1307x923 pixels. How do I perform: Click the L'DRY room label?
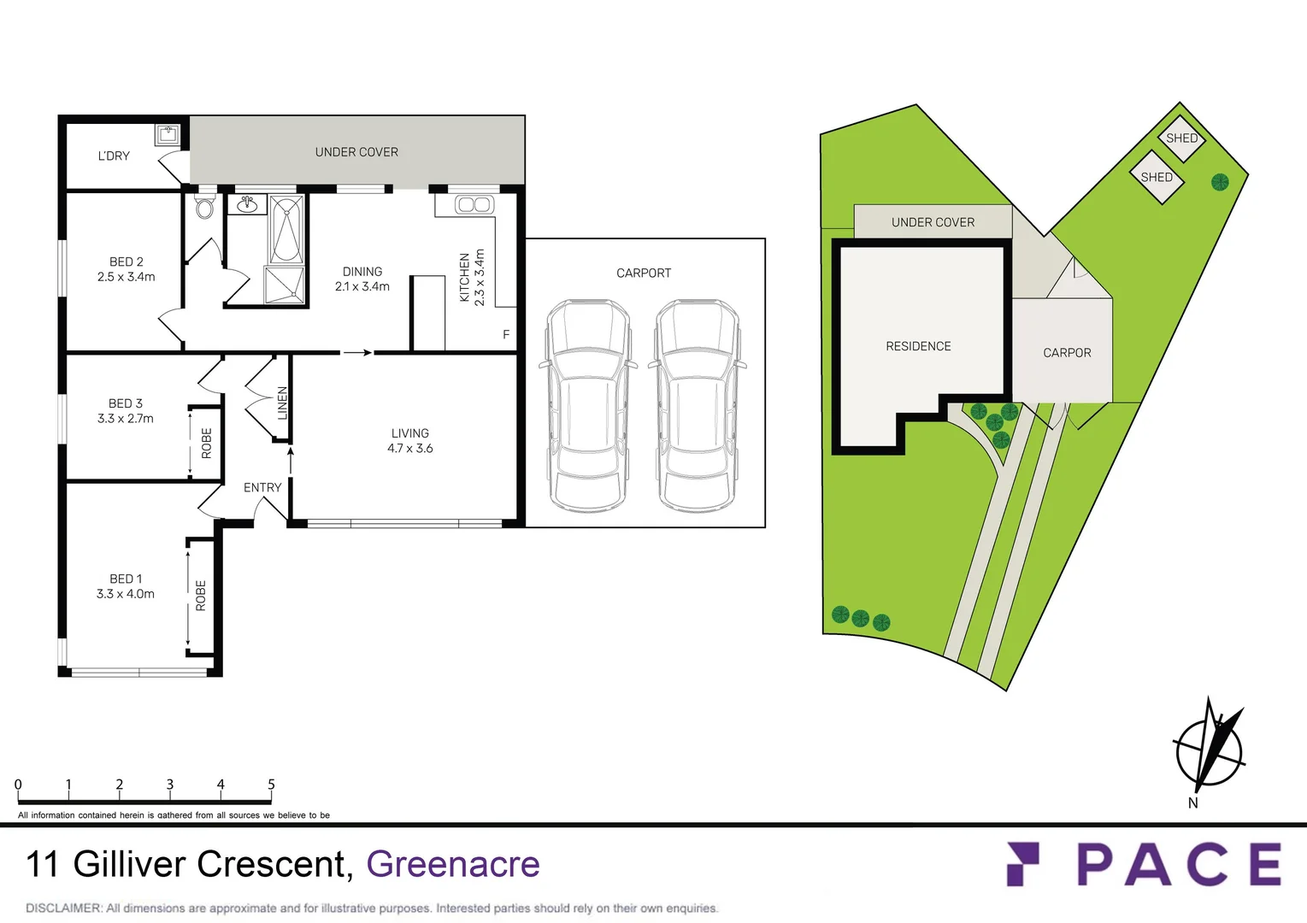[114, 156]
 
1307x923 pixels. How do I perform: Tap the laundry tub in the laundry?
[168, 134]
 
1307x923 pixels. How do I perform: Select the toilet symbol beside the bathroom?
[204, 208]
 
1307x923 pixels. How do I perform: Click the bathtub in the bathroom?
[286, 229]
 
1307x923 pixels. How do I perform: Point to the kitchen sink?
[473, 204]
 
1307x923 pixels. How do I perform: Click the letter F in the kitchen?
[506, 335]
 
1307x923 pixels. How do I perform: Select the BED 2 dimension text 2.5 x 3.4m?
[127, 277]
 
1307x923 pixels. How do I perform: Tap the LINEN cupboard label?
[282, 403]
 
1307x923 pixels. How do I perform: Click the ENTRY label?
[262, 487]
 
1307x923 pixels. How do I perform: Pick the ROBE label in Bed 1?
[201, 596]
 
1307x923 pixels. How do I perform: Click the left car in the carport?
[588, 405]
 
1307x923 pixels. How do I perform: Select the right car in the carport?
[698, 405]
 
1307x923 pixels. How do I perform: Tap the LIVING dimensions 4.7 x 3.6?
[410, 448]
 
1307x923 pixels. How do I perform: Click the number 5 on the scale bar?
[271, 785]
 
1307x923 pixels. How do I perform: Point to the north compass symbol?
[1209, 749]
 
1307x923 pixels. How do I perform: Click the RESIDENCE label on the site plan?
[918, 346]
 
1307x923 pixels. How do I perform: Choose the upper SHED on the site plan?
[1181, 138]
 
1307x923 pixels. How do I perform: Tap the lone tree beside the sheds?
[1220, 181]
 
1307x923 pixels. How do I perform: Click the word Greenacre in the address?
[453, 864]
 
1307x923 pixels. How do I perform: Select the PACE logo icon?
[1023, 863]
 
